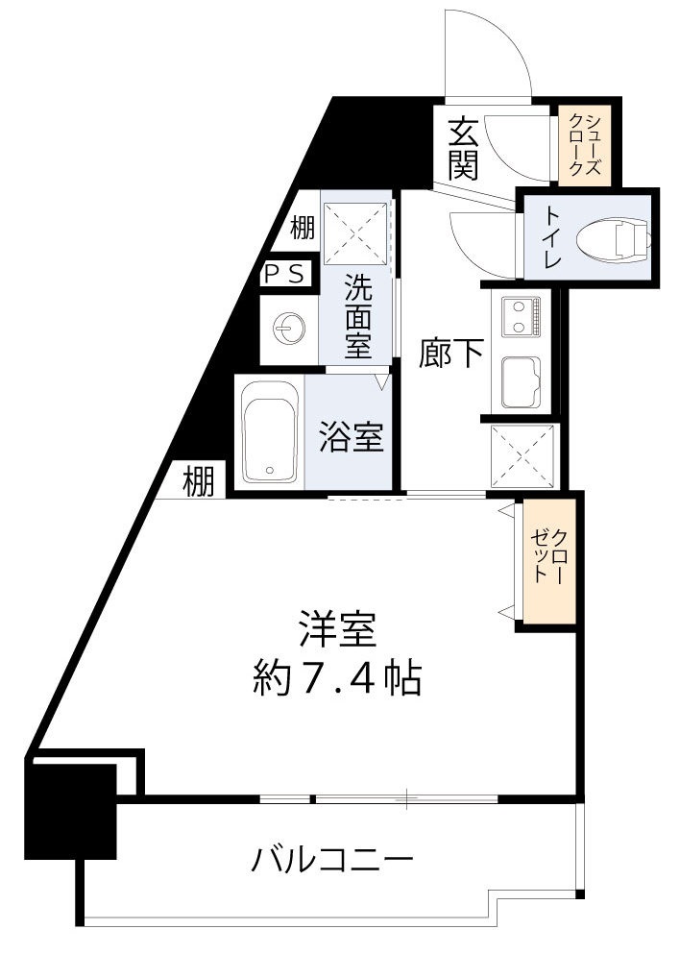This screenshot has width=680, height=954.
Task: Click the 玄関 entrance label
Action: pyautogui.click(x=463, y=149)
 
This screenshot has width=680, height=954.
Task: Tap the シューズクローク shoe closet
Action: pyautogui.click(x=584, y=145)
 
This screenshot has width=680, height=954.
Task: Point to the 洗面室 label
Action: pyautogui.click(x=357, y=317)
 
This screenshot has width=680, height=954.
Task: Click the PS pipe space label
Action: pyautogui.click(x=287, y=274)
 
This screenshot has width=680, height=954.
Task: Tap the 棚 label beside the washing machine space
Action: pyautogui.click(x=302, y=229)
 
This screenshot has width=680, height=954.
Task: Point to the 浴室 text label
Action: pyautogui.click(x=352, y=437)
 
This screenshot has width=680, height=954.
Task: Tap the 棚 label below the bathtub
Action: pyautogui.click(x=200, y=480)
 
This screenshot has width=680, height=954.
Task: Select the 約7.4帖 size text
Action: pyautogui.click(x=336, y=679)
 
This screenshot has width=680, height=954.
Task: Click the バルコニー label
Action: pyautogui.click(x=333, y=858)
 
